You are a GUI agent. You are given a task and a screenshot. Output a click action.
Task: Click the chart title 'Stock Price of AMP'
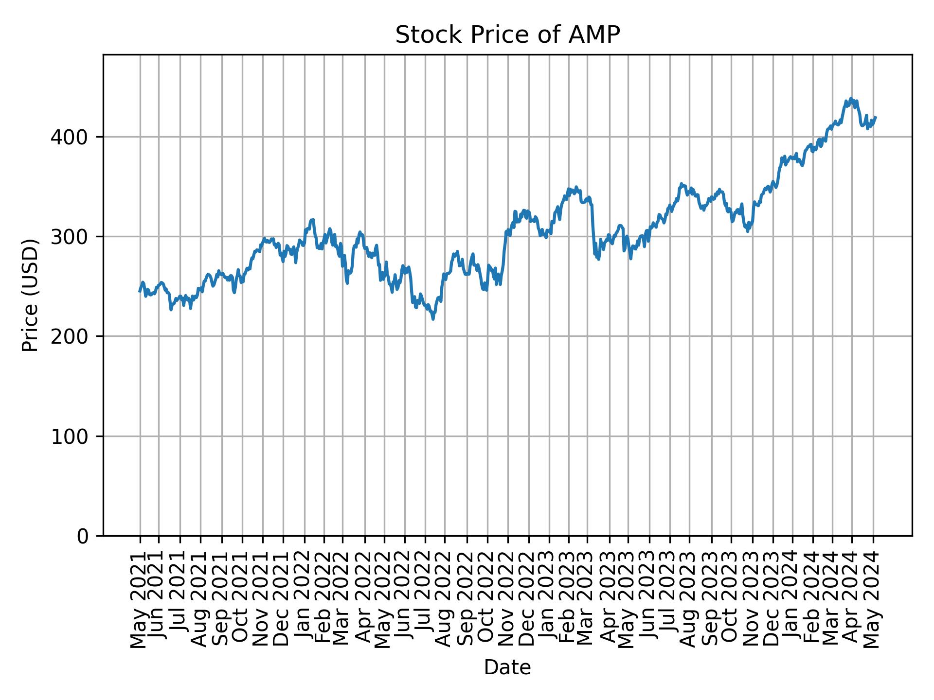507,35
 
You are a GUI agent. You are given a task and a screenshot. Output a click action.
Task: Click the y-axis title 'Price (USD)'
30,295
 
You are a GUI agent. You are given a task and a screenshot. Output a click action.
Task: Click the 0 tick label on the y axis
83,536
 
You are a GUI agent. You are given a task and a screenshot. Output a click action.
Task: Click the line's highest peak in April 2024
850,99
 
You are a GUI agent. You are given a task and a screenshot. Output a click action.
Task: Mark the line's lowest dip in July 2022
433,319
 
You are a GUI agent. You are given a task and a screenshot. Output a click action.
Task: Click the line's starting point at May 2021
140,291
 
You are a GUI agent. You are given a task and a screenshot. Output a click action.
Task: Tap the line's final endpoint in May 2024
876,117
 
